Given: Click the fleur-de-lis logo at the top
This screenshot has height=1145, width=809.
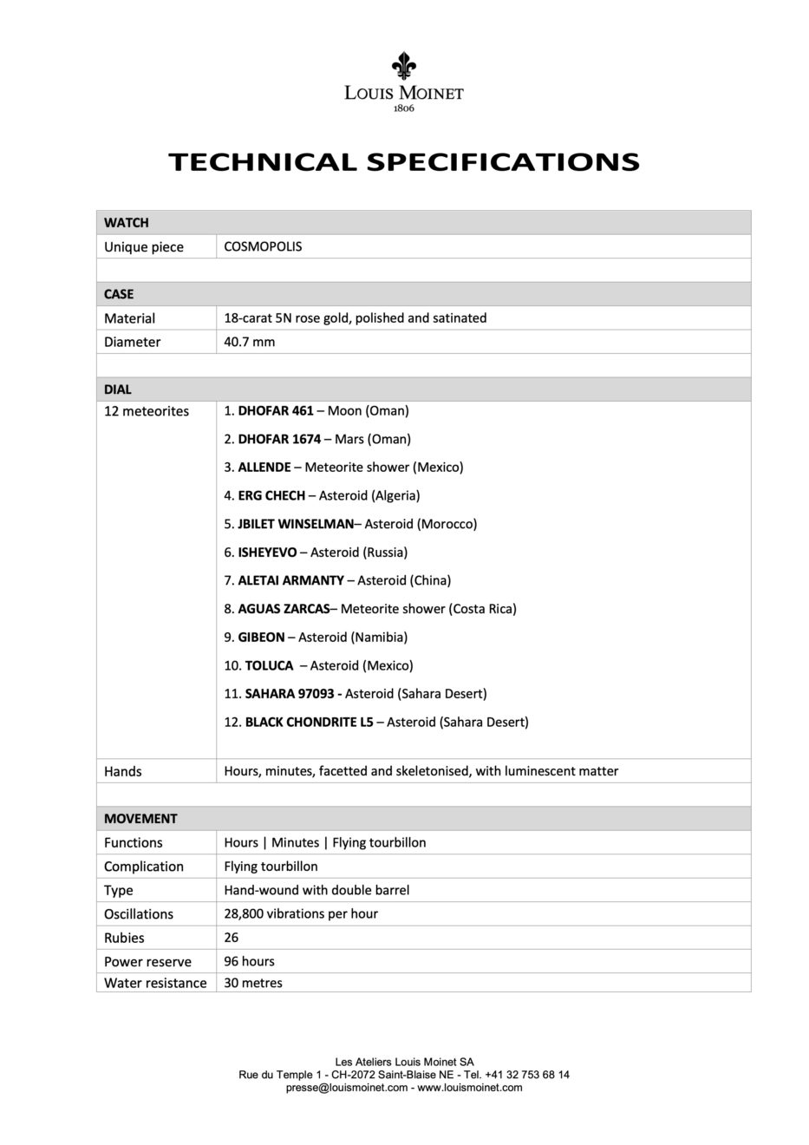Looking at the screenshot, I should (x=403, y=66).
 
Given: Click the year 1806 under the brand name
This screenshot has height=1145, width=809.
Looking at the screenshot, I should (x=404, y=108).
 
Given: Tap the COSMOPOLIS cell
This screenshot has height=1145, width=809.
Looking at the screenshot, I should (x=263, y=246).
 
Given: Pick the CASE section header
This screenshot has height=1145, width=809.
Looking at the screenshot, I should (x=119, y=294).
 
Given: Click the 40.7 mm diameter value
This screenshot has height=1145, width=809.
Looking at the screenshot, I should (x=250, y=342).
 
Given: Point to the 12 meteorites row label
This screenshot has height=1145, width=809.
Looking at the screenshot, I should (x=147, y=411).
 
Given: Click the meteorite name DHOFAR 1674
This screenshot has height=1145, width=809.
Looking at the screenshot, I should (x=279, y=439).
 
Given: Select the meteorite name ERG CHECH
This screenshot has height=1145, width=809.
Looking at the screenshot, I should (x=271, y=495).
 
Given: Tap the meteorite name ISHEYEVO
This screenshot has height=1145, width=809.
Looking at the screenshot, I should (x=267, y=552).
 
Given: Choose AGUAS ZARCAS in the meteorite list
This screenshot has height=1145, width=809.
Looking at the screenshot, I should (x=284, y=609).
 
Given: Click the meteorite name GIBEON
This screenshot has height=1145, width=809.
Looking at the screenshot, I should (x=261, y=637).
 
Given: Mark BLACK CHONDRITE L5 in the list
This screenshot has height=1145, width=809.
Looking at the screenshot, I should (x=309, y=722).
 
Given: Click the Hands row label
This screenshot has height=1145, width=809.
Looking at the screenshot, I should (x=123, y=771).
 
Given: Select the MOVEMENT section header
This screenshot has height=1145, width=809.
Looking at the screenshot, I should (x=140, y=819).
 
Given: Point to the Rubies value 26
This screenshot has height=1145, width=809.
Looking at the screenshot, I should (x=232, y=938).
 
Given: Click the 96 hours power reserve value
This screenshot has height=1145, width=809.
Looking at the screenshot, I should (x=249, y=961).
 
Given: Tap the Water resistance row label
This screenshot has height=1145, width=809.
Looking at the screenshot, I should (x=155, y=983).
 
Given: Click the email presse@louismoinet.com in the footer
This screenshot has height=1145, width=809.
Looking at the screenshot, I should (x=347, y=1087).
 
